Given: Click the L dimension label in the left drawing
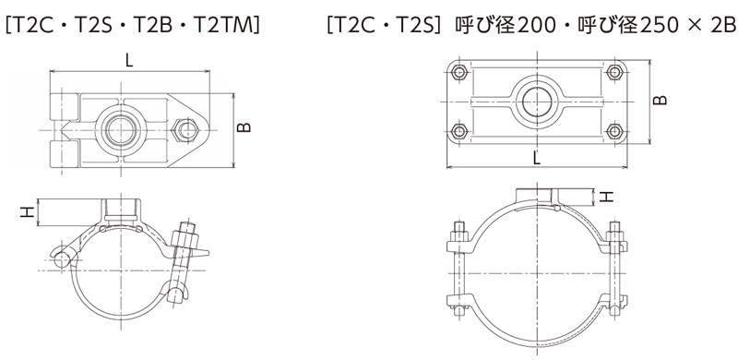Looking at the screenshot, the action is click(x=129, y=61).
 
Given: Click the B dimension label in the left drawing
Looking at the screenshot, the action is click(x=244, y=127).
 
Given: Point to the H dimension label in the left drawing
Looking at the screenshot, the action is click(x=28, y=212).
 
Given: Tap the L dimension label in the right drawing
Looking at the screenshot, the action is click(x=537, y=158).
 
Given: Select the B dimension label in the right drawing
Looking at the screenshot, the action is click(x=661, y=100).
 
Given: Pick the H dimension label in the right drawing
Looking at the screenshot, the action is click(x=608, y=196).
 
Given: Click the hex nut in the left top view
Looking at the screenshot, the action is click(x=184, y=129).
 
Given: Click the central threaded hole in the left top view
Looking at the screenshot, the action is click(x=120, y=130).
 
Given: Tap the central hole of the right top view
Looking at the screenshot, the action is click(x=536, y=102).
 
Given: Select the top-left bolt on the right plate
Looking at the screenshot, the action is click(x=458, y=72).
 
